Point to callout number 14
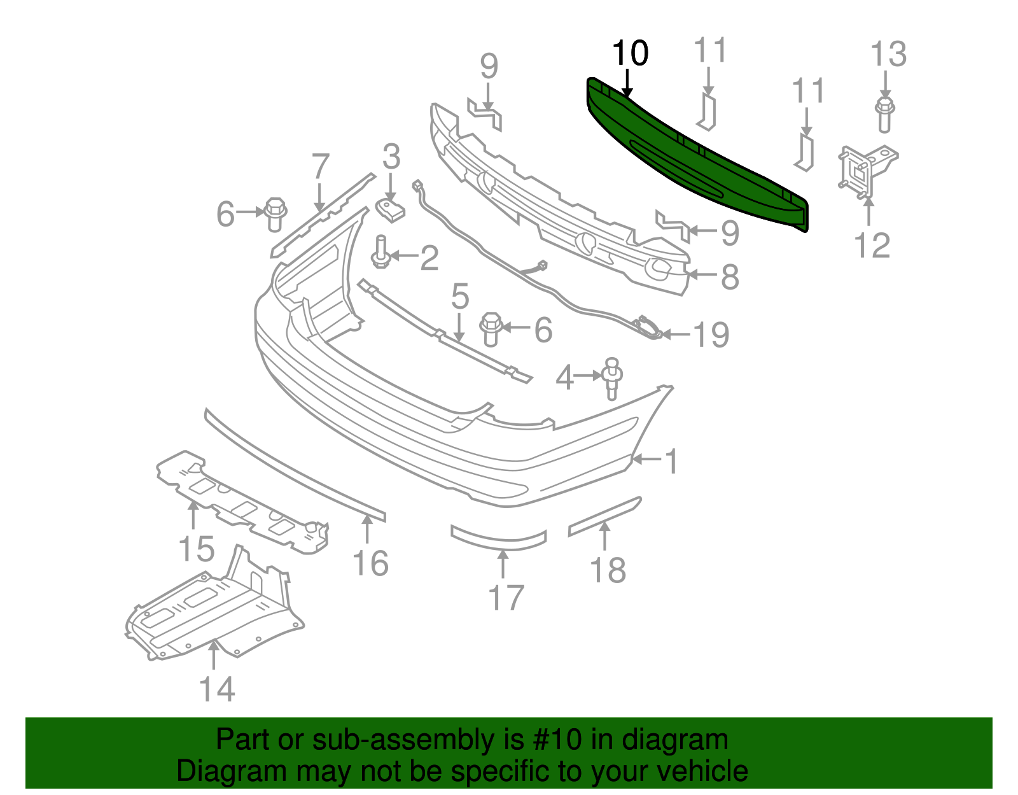point(217,689)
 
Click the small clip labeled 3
point(391,210)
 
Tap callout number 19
point(711,334)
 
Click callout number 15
point(197,548)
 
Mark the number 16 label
point(370,563)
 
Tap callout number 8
point(730,277)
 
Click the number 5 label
point(460,297)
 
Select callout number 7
point(320,167)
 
